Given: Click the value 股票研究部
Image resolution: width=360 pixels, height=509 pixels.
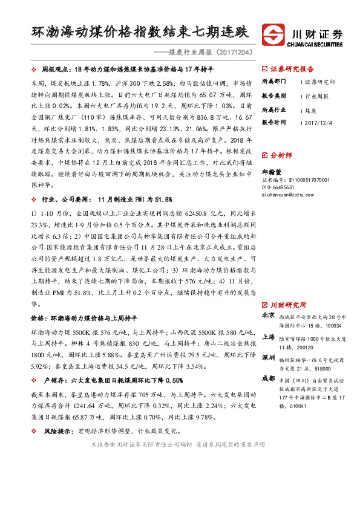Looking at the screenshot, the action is (x=321, y=81).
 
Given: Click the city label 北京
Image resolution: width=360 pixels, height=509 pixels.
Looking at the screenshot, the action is (x=269, y=316).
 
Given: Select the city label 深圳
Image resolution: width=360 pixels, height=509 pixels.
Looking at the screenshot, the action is (x=269, y=358).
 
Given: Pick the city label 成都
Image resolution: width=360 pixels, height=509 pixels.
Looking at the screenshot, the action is (x=269, y=378).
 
